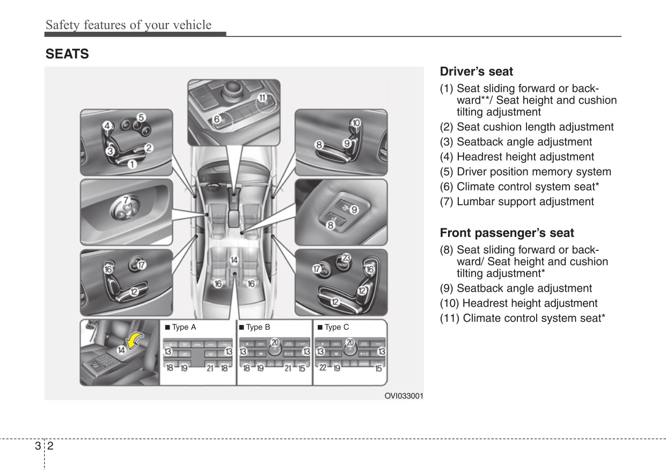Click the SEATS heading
click(x=67, y=54)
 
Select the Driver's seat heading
click(x=476, y=71)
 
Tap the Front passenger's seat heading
click(x=507, y=233)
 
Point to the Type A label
click(x=181, y=327)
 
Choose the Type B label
click(x=255, y=327)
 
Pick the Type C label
click(x=333, y=327)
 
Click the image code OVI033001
click(x=404, y=396)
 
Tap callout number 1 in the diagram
click(x=131, y=164)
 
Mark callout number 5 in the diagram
click(x=141, y=117)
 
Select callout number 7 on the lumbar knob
click(x=126, y=200)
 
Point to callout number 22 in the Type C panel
click(x=323, y=367)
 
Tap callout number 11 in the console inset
click(x=262, y=98)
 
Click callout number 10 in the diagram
click(x=356, y=123)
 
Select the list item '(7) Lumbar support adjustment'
click(x=517, y=202)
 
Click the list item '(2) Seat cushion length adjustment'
click(x=526, y=127)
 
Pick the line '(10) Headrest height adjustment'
click(x=518, y=303)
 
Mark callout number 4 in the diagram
click(x=107, y=127)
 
